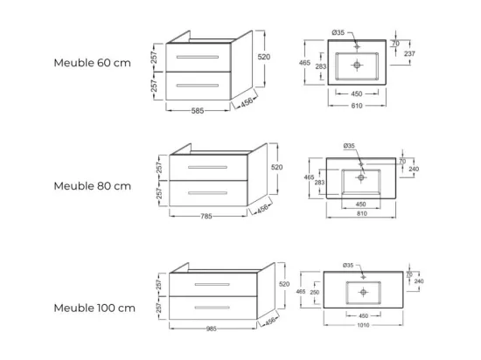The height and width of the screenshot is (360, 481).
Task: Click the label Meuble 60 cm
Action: [93, 63]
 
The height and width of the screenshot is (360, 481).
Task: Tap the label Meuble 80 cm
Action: [93, 186]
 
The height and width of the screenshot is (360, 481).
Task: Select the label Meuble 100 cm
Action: [94, 308]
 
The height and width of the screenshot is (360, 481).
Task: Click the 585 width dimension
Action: [198, 111]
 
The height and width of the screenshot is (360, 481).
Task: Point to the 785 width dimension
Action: [206, 217]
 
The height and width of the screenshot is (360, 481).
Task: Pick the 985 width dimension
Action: [212, 329]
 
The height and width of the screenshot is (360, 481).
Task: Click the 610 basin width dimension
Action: [357, 106]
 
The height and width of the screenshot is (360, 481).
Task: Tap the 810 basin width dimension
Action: [362, 213]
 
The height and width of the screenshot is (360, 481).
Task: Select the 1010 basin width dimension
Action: [363, 325]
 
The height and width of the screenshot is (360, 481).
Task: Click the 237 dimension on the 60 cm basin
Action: [409, 53]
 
